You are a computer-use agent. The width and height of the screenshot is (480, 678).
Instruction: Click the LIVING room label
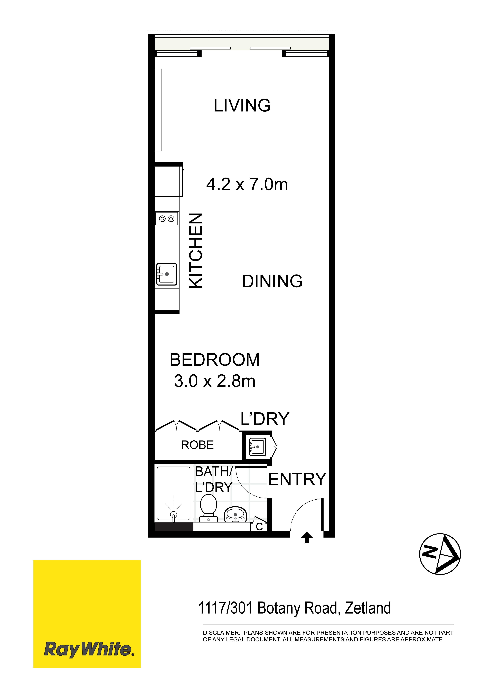[242, 105]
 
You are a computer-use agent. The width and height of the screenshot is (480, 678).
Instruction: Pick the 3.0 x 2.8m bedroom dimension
[215, 381]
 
